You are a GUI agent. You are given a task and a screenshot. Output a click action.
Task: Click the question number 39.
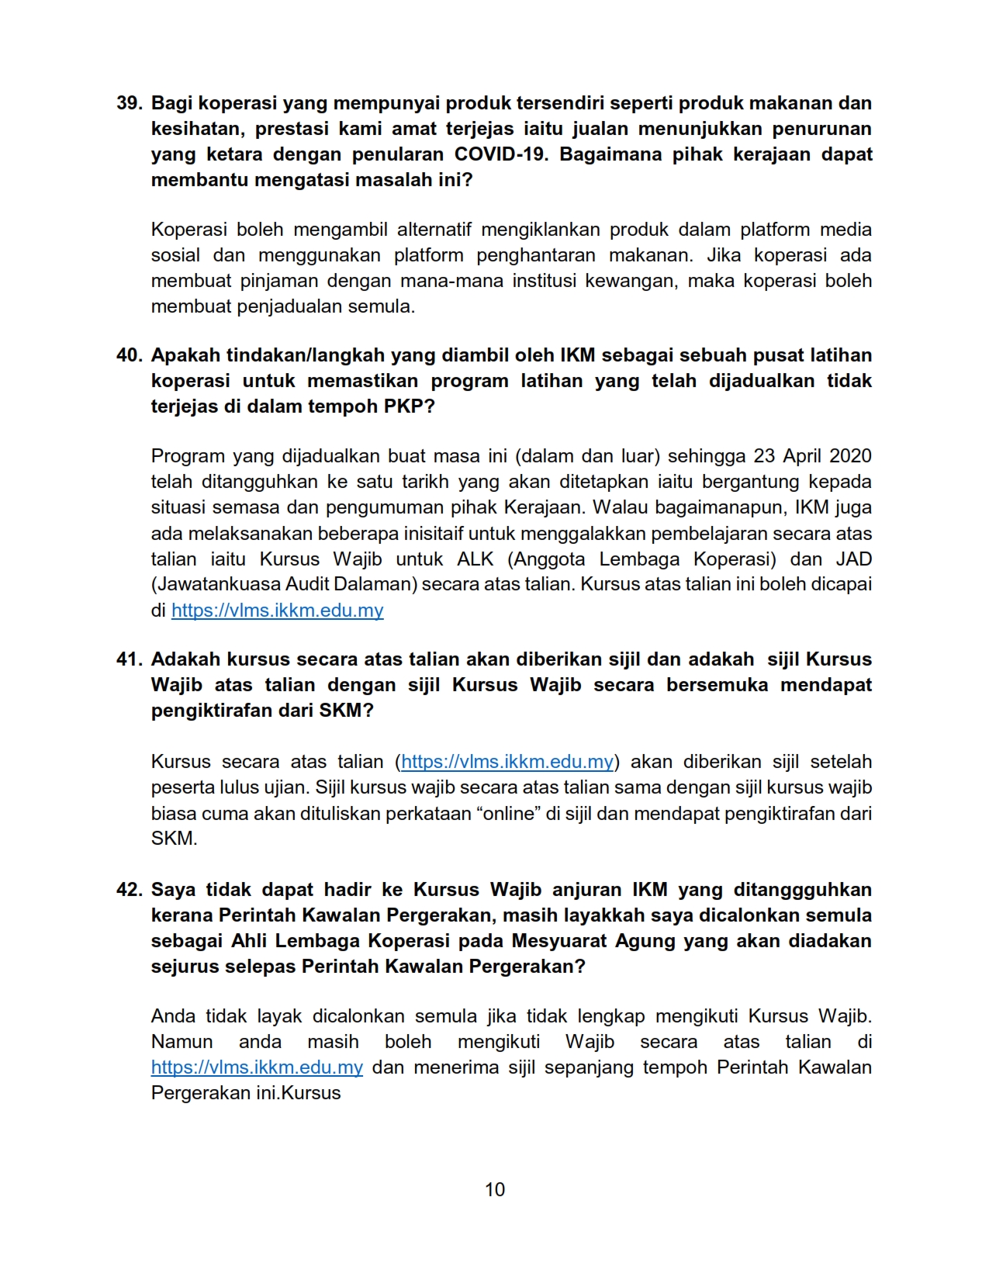(129, 103)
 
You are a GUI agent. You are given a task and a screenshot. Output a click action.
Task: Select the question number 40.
(129, 355)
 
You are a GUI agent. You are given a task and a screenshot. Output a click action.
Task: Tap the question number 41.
(129, 659)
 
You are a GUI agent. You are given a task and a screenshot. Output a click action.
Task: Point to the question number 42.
(129, 890)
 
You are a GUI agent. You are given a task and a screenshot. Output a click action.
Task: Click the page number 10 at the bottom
(494, 1190)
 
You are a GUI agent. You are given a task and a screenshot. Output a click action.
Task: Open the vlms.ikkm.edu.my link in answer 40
(277, 611)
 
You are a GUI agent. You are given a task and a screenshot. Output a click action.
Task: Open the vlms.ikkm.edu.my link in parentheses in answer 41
(507, 762)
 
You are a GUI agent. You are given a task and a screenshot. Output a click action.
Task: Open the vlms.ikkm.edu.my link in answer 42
(257, 1067)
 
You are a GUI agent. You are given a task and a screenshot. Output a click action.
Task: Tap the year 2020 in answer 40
(850, 456)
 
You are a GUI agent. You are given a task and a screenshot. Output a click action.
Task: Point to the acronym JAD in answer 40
(853, 559)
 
